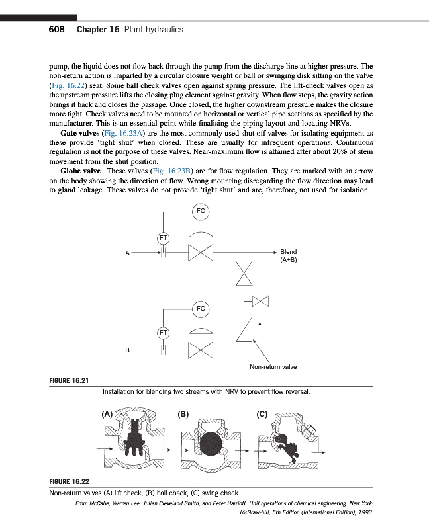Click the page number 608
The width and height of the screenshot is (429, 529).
tap(56, 30)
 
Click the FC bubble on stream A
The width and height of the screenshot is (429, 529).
tap(201, 211)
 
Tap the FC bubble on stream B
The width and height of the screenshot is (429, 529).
tap(201, 308)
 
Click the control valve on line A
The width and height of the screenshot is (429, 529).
tap(200, 252)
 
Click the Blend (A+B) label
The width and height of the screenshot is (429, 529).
tap(289, 256)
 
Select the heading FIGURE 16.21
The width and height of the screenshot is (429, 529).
tap(70, 380)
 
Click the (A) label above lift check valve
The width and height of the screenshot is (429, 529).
tap(107, 415)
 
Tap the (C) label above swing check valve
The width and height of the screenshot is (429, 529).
tap(261, 415)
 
